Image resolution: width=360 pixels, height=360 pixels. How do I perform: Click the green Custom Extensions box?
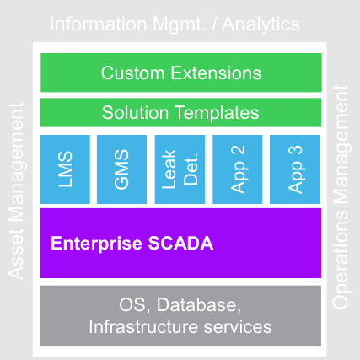click(181, 73)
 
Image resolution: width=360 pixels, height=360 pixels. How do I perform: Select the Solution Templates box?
click(180, 112)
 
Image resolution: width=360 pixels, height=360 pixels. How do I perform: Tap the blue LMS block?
click(65, 169)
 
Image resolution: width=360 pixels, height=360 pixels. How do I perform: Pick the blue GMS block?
click(121, 169)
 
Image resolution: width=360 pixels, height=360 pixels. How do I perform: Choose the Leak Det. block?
click(180, 169)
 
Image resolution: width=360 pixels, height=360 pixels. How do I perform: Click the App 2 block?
click(238, 169)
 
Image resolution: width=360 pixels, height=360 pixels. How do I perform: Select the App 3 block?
click(295, 169)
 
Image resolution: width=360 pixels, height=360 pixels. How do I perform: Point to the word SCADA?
click(180, 243)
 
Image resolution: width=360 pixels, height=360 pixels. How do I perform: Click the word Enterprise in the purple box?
click(96, 244)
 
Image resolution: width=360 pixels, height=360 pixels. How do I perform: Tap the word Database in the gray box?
click(199, 305)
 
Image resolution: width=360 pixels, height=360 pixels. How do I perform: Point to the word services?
click(238, 327)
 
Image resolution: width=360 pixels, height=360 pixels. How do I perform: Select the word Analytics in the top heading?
click(261, 24)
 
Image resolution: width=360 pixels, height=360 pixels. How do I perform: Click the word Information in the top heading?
click(98, 24)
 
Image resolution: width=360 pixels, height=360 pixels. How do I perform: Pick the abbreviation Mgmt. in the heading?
click(180, 24)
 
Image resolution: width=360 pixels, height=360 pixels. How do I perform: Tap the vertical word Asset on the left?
click(16, 255)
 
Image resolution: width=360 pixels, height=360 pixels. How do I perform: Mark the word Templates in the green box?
click(217, 113)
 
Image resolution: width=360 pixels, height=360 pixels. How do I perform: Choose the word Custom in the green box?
click(133, 73)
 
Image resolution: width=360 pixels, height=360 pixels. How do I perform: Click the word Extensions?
click(216, 73)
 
